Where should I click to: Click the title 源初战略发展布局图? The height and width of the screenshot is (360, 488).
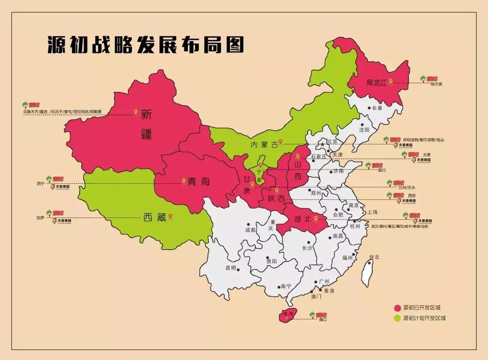coord(145,45)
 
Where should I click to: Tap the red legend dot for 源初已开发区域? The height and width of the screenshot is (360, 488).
coord(397,308)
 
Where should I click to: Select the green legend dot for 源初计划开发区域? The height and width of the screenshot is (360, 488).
coord(397,318)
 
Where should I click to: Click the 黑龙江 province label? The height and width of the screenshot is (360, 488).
coord(377,82)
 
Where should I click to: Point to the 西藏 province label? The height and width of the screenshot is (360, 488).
coord(155,218)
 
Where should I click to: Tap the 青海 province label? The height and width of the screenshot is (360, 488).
coord(199,182)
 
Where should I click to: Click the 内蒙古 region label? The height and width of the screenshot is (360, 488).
coord(264,145)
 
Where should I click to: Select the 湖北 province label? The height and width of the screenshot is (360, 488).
coord(302,220)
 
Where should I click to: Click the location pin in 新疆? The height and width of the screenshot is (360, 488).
coord(136,112)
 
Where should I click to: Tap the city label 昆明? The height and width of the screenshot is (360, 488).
coord(230,268)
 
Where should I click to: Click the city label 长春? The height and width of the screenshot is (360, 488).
coord(377,108)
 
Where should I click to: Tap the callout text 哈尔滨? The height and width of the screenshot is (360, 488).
coord(436,84)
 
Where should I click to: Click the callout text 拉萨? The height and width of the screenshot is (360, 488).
coord(41,218)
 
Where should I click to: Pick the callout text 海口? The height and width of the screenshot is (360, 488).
coord(322,320)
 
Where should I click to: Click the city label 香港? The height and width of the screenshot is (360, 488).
coord(328,291)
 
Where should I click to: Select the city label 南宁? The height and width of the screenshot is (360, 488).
coord(286,286)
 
